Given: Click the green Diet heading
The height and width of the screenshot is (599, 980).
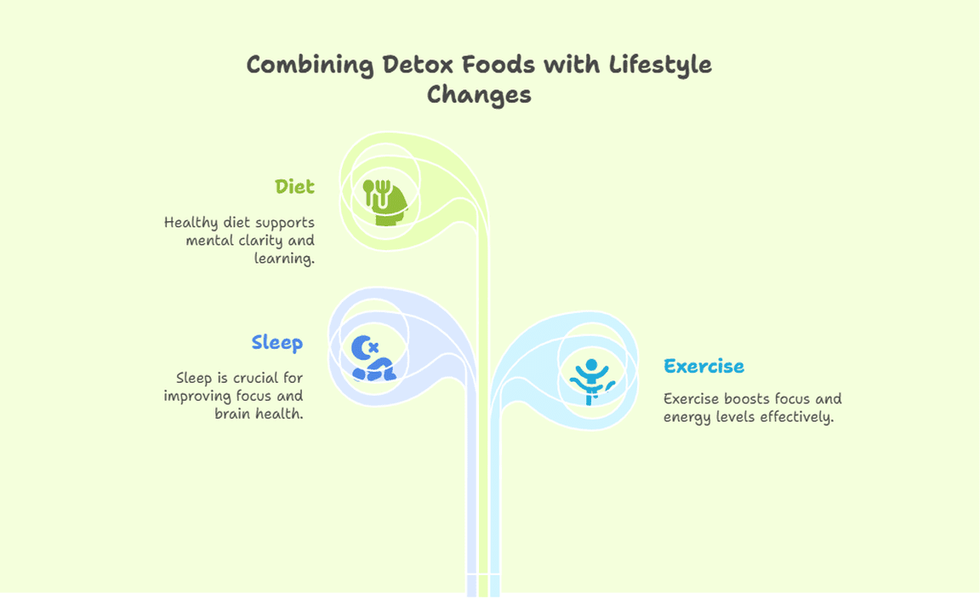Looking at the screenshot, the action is click(294, 186).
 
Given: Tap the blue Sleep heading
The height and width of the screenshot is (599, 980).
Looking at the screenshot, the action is click(276, 343).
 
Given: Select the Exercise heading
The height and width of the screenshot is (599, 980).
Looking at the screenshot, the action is click(704, 366).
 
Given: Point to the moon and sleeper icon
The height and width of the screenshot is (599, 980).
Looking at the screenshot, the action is click(373, 357).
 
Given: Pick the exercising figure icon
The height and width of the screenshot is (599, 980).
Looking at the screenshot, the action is click(592, 381).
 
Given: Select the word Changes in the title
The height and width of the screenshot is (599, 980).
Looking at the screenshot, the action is click(479, 95).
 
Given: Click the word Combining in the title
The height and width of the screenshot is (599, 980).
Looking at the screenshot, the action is click(310, 66).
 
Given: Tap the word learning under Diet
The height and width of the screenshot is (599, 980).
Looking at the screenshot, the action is click(284, 259).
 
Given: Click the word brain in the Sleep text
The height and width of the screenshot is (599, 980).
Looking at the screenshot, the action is click(232, 414).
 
